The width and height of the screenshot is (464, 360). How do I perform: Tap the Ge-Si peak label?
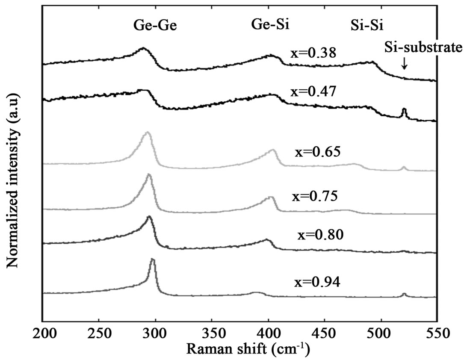270,25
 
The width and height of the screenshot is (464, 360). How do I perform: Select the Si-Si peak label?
364,26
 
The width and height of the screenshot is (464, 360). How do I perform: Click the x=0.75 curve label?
315,196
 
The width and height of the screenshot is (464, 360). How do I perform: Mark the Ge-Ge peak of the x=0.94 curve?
153,260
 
